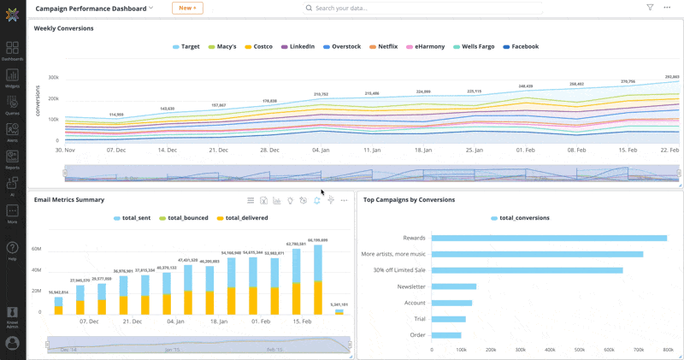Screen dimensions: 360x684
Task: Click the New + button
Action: point(187,8)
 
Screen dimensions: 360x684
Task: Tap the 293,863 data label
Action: point(671,77)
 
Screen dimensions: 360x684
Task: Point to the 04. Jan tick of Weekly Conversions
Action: point(320,150)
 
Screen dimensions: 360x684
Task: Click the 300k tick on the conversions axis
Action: point(53,77)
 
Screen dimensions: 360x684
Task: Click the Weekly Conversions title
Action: point(64,28)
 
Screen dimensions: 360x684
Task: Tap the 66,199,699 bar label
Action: point(318,240)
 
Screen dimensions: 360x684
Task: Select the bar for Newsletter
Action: point(454,286)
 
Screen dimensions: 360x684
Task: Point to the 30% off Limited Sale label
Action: point(393,270)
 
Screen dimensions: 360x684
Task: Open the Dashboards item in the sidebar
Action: point(12,51)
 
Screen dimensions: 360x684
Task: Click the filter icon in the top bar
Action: point(650,8)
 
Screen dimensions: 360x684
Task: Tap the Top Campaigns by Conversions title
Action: point(409,200)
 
